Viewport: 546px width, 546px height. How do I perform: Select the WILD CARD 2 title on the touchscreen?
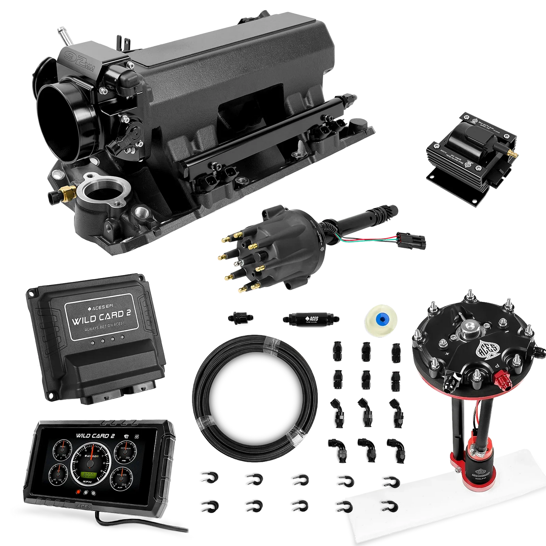click(x=95, y=436)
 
